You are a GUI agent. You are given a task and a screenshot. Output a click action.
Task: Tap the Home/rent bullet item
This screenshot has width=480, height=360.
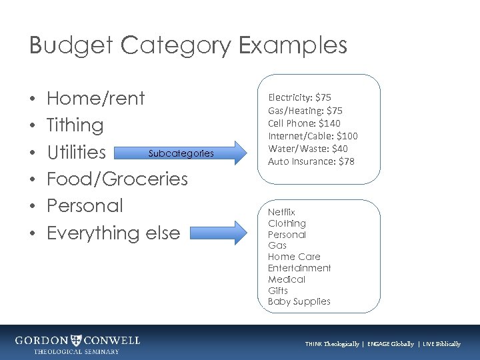96,99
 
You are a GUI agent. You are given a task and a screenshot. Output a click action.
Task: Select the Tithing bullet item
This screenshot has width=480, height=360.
75,125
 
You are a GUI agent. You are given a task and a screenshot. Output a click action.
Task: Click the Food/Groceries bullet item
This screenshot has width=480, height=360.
117,179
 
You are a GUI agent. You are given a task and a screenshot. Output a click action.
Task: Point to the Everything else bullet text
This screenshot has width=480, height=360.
113,233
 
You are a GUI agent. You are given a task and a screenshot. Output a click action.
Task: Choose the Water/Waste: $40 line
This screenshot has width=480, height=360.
308,149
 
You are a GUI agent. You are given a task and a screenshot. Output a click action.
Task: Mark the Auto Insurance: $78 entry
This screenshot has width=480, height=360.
311,161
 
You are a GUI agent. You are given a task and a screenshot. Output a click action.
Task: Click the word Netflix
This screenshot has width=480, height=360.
281,212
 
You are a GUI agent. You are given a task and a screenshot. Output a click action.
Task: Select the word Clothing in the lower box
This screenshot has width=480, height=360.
287,223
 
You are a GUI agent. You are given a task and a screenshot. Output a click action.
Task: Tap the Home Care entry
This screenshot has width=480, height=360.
294,257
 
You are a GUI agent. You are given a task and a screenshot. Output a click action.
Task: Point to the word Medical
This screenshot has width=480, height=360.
287,279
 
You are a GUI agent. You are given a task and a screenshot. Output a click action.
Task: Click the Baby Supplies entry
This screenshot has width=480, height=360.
299,301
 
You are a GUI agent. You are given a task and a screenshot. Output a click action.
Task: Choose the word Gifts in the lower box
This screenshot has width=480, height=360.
277,291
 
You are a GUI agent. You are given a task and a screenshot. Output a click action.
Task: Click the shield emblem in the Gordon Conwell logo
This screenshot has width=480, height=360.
77,341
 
